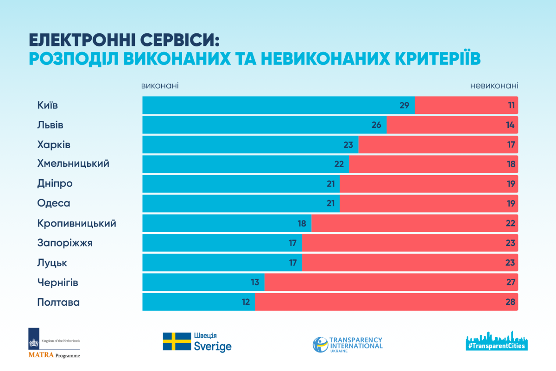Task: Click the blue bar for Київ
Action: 278,105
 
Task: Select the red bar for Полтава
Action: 386,302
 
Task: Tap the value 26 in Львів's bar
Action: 376,125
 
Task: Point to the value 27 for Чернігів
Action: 511,283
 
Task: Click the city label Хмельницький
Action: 73,164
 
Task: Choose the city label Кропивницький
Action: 76,223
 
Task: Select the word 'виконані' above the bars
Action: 160,86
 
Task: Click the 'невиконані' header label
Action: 494,86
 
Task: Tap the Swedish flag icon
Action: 177,341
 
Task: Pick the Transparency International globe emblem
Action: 320,344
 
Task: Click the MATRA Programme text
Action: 54,355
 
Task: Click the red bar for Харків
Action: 438,145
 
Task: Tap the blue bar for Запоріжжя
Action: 222,243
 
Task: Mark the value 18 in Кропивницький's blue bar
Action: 302,223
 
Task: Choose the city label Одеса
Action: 54,203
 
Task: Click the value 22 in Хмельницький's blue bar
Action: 339,164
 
